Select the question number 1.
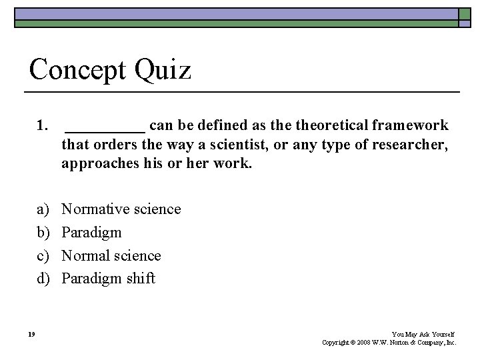43,125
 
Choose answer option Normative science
121,209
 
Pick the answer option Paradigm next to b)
91,233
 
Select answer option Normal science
111,256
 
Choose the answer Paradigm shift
108,279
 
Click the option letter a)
43,209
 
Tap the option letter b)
43,233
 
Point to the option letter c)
43,256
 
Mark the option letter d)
43,279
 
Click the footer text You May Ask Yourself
423,333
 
